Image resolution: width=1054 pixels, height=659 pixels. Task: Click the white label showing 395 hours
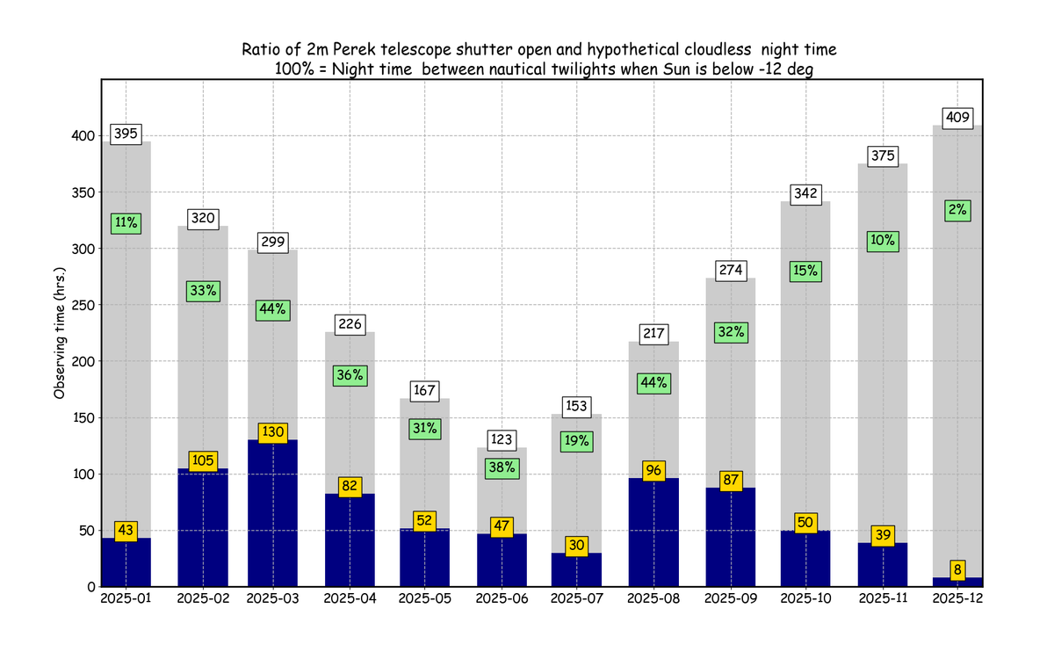tap(126, 134)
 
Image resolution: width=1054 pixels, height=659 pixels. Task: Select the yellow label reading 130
tap(273, 432)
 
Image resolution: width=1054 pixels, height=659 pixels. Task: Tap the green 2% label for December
tap(957, 210)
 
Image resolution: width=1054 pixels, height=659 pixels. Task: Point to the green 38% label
tap(502, 468)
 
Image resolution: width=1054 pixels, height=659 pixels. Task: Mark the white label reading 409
tap(957, 117)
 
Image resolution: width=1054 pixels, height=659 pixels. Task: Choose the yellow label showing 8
tap(957, 568)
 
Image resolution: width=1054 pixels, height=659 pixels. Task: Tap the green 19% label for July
tap(577, 442)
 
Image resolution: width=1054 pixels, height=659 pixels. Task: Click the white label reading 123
tap(502, 439)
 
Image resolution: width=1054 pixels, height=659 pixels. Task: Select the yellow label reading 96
tap(654, 470)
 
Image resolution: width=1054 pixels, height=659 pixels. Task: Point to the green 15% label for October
tap(806, 272)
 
